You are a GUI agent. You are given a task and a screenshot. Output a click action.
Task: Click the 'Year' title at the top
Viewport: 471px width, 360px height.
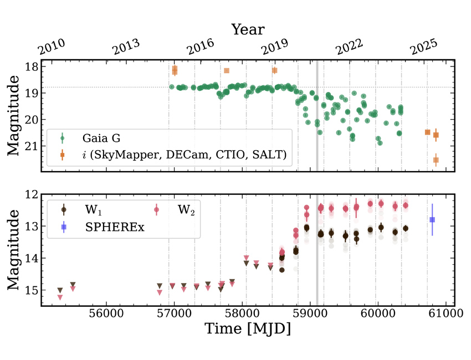[x=248, y=29]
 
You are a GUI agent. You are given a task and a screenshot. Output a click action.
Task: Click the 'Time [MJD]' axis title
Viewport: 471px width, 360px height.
[x=248, y=328]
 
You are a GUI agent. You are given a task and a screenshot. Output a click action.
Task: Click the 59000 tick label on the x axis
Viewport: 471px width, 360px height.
[x=310, y=313]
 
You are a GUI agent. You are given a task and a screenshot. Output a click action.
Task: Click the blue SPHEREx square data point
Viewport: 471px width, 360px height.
[x=432, y=220]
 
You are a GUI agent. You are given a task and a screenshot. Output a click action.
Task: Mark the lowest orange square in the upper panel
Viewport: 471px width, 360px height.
[x=436, y=160]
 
